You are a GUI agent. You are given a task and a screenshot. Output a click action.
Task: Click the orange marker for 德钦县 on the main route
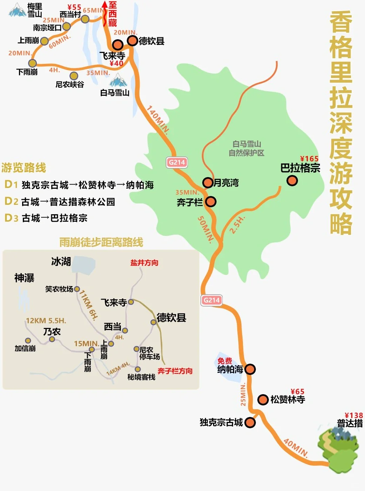[132, 41]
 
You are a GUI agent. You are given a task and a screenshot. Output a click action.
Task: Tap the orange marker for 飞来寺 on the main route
[118, 45]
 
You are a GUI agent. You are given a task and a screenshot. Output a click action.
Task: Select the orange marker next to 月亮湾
[208, 182]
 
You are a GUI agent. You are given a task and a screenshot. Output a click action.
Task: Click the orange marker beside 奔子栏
[211, 202]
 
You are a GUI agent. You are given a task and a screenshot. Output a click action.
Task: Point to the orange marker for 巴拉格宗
[292, 181]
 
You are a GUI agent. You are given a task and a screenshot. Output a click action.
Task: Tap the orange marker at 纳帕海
[250, 369]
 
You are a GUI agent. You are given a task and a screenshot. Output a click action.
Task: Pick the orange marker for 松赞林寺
[263, 399]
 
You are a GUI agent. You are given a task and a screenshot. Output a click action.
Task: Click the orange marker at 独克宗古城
[250, 422]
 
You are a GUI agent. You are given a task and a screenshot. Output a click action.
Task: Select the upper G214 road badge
[177, 162]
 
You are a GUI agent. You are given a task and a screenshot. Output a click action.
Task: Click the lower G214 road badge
[212, 300]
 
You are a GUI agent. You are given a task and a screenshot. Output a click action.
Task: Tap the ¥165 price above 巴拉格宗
[309, 159]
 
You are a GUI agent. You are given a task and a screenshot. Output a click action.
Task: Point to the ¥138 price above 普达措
[353, 416]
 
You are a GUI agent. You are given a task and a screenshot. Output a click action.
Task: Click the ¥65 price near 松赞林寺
[298, 391]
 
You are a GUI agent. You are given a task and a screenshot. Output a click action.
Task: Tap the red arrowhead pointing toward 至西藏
[104, 5]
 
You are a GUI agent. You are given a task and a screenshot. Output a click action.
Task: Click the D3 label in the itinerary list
[11, 218]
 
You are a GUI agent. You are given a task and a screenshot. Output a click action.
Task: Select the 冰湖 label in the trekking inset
[61, 262]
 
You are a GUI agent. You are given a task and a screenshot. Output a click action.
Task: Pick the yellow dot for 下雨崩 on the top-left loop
[32, 63]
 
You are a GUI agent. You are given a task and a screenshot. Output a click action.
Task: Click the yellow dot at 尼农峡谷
[74, 76]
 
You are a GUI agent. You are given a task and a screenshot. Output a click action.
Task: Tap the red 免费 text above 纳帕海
[225, 361]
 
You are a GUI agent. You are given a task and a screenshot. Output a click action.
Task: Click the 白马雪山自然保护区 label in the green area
[246, 148]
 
